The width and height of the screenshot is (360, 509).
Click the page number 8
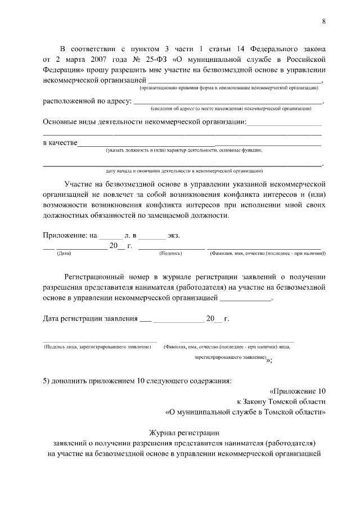click(x=323, y=21)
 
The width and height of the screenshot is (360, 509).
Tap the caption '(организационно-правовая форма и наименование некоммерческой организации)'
click(x=229, y=88)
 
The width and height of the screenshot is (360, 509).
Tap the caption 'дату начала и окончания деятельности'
click(x=184, y=170)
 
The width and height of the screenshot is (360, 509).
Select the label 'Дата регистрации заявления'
click(x=90, y=319)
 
